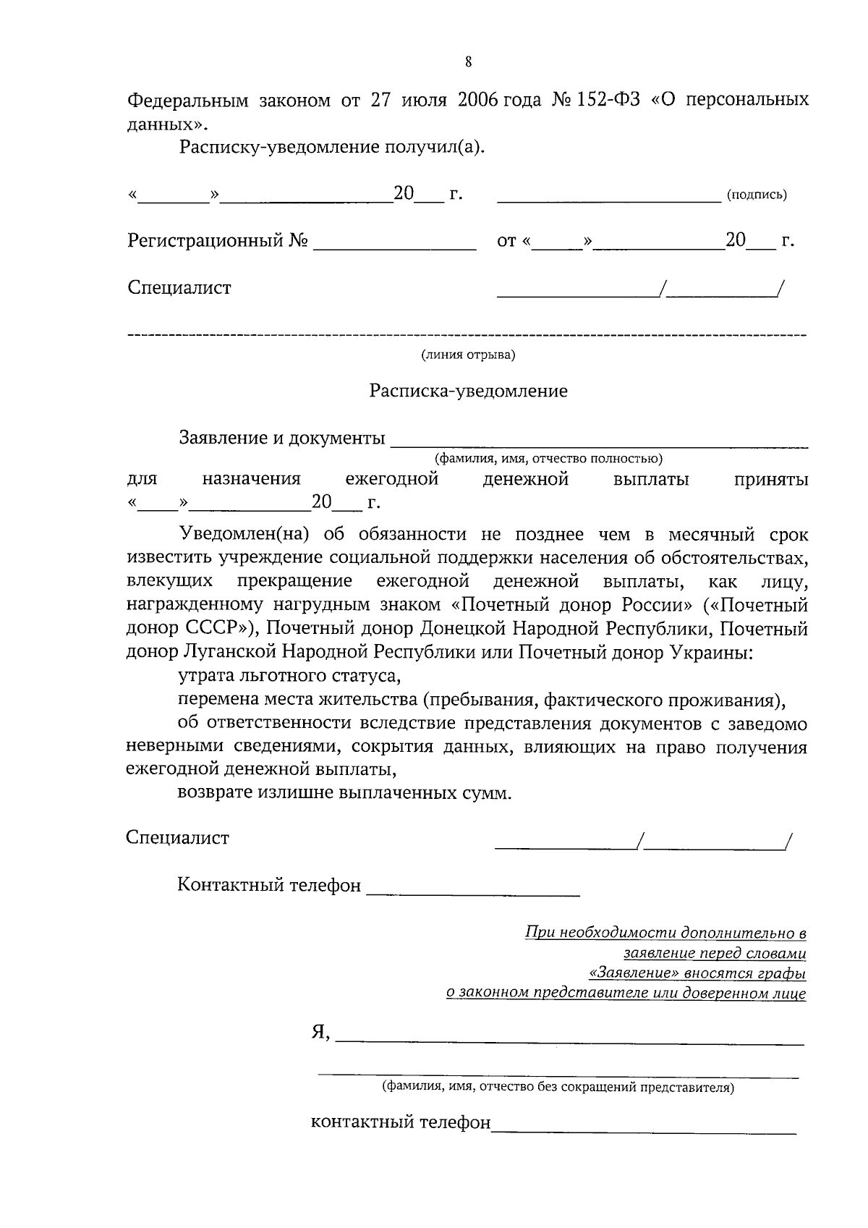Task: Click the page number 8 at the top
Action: click(469, 62)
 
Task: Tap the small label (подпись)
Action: click(756, 195)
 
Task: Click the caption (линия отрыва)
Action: click(469, 355)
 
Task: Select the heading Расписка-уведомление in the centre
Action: click(469, 391)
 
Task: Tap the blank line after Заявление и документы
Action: click(599, 443)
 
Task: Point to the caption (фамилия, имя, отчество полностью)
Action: click(548, 459)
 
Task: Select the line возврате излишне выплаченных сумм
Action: click(344, 792)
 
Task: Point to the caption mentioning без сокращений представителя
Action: click(558, 1087)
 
